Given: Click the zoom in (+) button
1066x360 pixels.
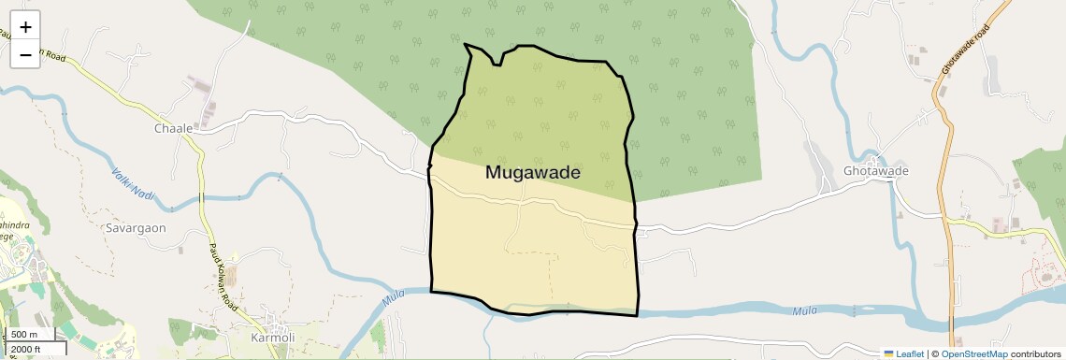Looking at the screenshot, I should (25, 27).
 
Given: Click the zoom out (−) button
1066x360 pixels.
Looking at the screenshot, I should (25, 54).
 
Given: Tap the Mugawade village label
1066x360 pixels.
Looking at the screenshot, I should (533, 173).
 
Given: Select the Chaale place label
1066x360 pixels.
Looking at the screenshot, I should (174, 128).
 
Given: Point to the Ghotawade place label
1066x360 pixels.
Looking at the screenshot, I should (875, 171).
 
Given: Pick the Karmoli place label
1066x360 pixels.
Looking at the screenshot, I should (273, 337).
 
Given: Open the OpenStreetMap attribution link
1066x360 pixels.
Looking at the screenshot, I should (973, 353).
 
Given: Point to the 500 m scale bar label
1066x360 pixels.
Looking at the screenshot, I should (25, 335).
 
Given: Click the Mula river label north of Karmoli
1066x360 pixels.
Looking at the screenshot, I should (395, 300).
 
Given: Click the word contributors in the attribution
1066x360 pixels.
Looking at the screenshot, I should (1035, 353).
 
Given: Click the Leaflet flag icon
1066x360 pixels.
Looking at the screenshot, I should (889, 353).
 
